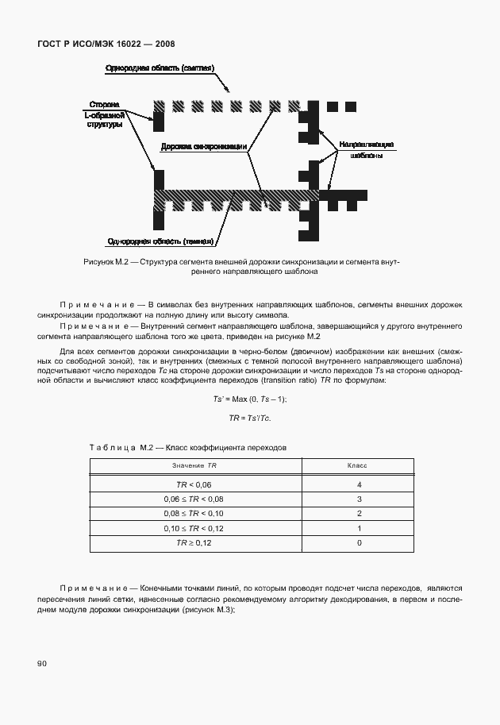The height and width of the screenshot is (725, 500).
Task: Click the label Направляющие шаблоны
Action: [x=366, y=150]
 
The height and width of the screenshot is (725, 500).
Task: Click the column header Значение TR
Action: [x=194, y=465]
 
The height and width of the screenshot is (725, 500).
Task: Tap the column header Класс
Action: [x=359, y=465]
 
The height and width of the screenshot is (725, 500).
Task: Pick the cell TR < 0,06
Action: [x=194, y=484]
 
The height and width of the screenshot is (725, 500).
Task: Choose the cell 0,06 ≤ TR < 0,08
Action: [x=194, y=499]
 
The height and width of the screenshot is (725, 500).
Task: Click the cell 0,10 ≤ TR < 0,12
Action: [x=194, y=528]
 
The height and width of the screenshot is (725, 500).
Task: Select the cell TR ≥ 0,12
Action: [x=194, y=543]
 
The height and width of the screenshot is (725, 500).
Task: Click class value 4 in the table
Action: [x=360, y=484]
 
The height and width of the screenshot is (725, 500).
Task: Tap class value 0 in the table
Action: [x=360, y=543]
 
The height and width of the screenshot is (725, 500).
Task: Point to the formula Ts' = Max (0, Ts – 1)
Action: [x=249, y=399]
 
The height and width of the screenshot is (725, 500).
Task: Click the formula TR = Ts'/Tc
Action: [x=249, y=418]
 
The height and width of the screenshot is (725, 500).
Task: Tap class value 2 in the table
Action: [x=360, y=514]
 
